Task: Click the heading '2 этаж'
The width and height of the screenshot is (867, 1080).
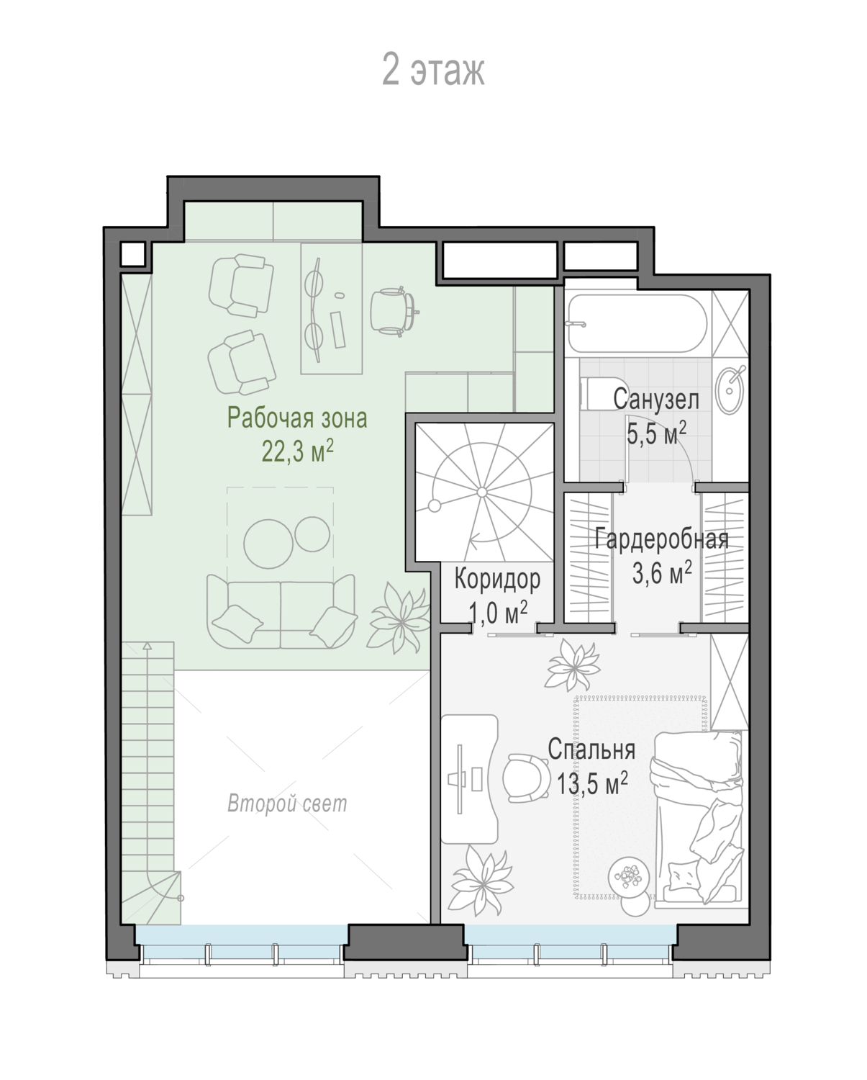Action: point(433,70)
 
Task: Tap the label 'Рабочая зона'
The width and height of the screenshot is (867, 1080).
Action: point(297,418)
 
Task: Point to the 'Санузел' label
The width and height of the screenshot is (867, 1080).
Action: point(656,400)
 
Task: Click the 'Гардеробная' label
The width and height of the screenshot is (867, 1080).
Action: point(662,539)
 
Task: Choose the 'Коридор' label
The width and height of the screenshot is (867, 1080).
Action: point(497,579)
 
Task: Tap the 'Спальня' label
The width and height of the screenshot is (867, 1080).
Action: point(591,750)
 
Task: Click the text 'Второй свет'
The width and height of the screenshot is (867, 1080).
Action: point(287,804)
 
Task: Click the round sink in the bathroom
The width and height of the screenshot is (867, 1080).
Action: point(730,390)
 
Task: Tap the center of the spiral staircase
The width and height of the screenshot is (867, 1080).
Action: point(482,492)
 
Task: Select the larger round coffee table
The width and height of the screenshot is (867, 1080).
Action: point(268,544)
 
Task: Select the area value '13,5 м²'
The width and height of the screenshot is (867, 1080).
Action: point(592,783)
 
